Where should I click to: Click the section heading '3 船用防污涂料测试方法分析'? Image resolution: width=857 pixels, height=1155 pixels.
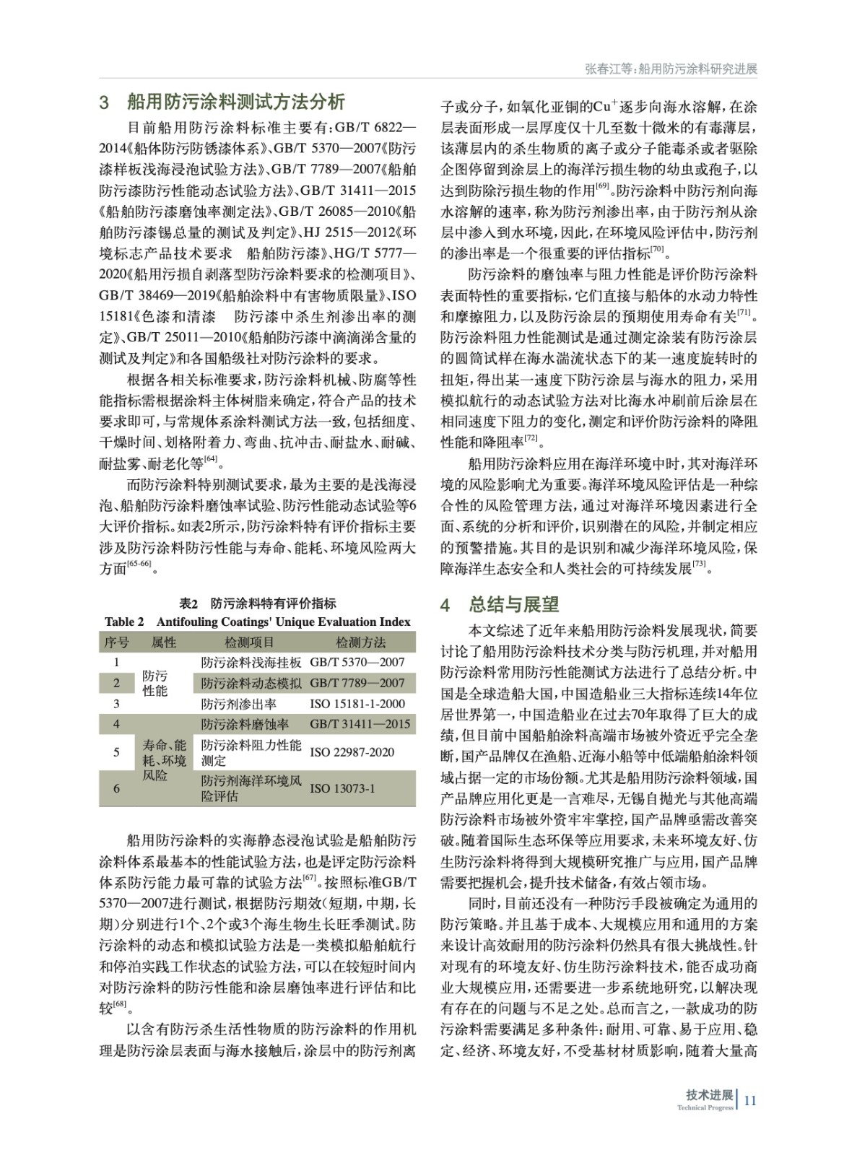[x=222, y=102]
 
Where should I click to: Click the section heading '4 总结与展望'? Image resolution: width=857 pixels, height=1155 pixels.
[x=500, y=604]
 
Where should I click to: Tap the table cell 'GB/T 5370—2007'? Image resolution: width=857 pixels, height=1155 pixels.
[x=357, y=662]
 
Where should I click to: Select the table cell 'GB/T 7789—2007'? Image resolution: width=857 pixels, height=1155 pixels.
[x=357, y=683]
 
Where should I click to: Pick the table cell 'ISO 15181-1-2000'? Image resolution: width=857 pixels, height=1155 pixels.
[x=357, y=704]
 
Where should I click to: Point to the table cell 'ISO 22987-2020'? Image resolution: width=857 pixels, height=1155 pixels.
[x=352, y=752]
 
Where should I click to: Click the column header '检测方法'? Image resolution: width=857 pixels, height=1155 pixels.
[x=360, y=642]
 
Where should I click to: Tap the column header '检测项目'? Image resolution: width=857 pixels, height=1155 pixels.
[x=249, y=642]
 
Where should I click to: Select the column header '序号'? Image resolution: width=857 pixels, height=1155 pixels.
[x=116, y=642]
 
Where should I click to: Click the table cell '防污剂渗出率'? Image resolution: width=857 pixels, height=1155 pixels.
[x=238, y=704]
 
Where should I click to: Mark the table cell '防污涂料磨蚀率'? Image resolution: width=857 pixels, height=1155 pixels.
[x=245, y=724]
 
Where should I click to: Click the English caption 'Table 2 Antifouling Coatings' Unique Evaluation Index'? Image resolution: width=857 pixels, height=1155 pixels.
[x=257, y=622]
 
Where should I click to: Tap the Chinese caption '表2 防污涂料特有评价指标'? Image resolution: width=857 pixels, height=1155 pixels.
[x=257, y=603]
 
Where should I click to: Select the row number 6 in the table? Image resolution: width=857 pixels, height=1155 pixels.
[x=117, y=788]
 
